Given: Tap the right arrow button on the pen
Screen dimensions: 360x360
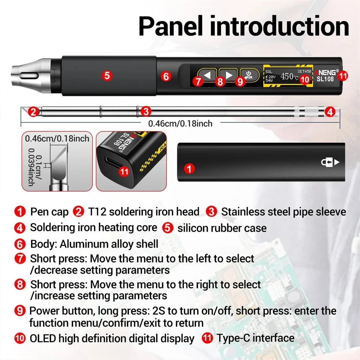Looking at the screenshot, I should pos(229,75).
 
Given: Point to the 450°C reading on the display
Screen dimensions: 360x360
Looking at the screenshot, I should pos(289,76).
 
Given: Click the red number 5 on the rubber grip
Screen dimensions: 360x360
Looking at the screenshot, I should pos(107,76).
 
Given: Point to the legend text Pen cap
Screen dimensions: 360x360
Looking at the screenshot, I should pos(49,212).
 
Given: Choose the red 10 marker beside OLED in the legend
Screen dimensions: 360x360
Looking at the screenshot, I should pos(20,338).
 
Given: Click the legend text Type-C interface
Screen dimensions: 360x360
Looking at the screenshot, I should pos(255,338).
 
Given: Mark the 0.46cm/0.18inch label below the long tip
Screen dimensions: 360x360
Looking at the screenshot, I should pos(180,123).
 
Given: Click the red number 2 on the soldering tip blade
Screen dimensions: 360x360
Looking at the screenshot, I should pos(33,112).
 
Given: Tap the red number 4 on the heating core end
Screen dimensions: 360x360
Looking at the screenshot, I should pos(330,112).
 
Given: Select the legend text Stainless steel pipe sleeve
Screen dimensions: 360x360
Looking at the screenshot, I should pos(283,212).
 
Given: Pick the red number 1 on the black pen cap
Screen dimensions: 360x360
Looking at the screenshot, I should pos(189,168).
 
